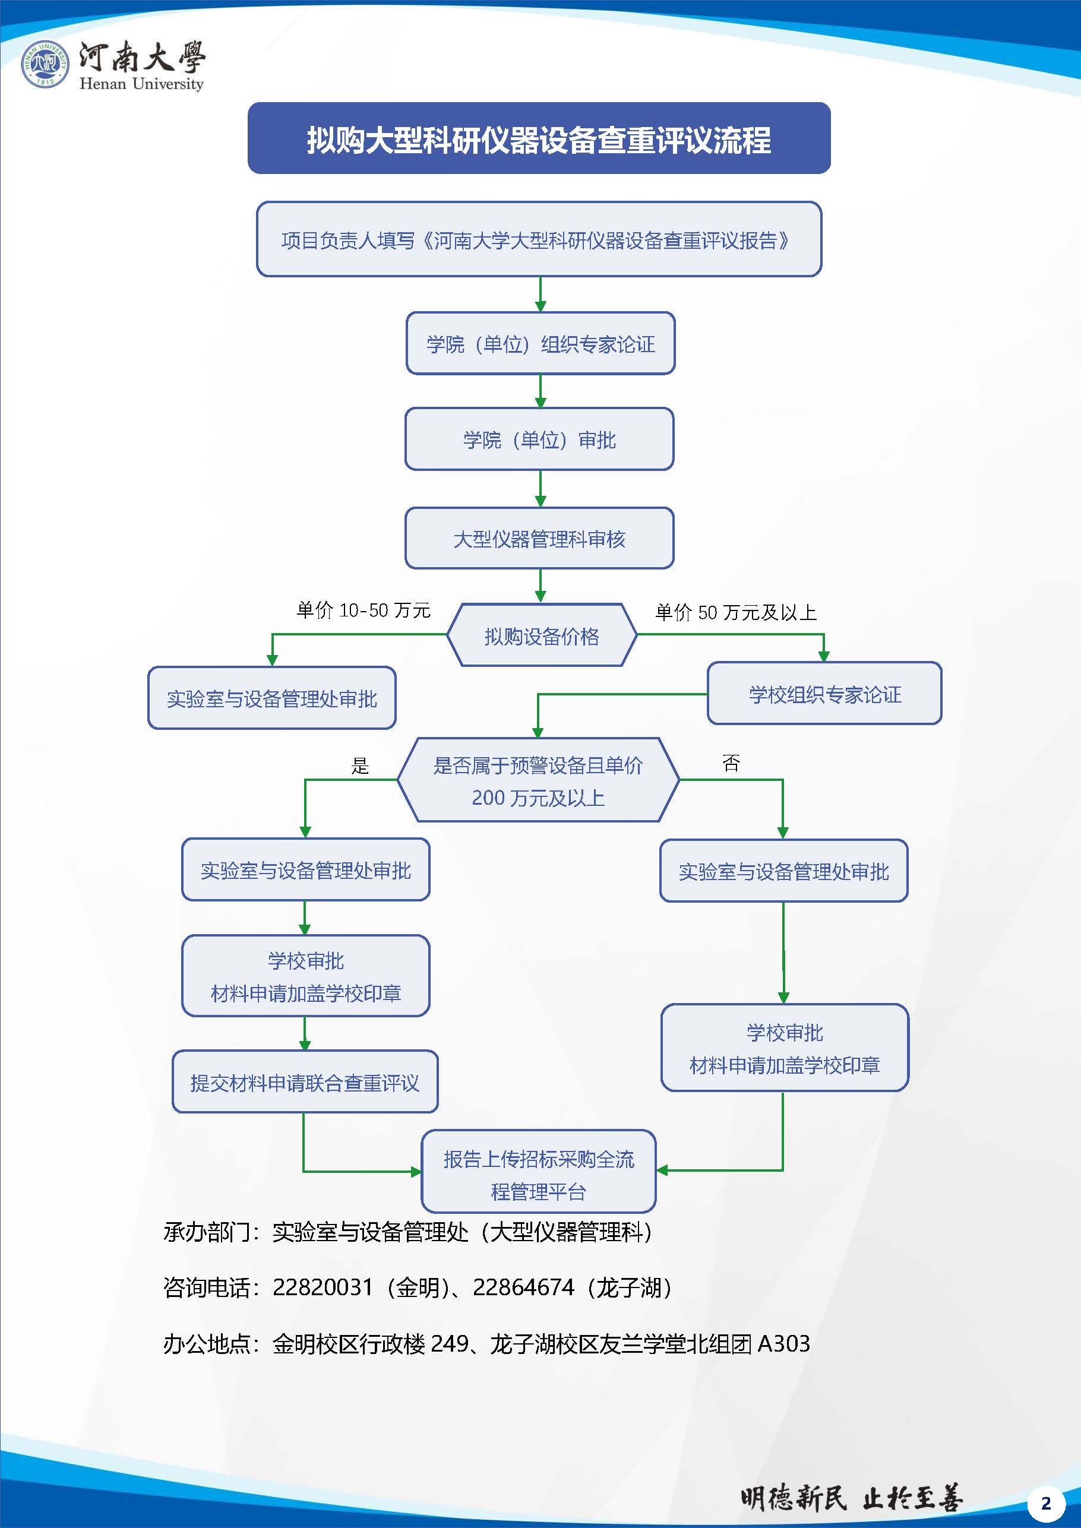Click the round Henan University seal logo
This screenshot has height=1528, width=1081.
(45, 65)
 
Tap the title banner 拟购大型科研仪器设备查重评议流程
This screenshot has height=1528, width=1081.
(539, 138)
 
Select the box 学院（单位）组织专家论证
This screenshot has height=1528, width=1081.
(540, 343)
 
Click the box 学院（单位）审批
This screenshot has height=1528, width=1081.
(539, 439)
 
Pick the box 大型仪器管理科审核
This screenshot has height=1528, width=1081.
(539, 539)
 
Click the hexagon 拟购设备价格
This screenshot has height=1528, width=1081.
(541, 636)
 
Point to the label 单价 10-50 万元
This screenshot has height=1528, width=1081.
(364, 610)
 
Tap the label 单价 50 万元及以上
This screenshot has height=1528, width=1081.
(735, 612)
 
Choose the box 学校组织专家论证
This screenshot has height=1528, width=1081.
(824, 694)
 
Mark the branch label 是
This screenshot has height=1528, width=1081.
(360, 767)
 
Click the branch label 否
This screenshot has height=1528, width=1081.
(731, 763)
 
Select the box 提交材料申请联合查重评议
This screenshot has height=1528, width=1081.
(305, 1083)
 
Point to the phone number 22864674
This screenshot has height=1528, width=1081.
(523, 1287)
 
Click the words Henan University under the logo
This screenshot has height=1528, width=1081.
(141, 84)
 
